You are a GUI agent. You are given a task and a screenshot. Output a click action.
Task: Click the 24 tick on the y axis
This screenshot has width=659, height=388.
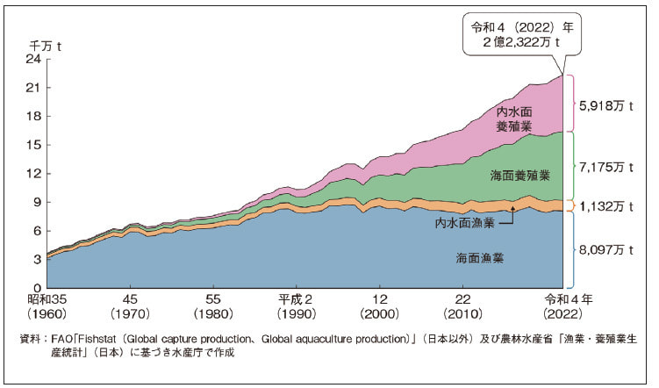(x=34, y=60)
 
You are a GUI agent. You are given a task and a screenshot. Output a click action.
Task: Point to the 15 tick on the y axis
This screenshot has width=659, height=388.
(x=34, y=145)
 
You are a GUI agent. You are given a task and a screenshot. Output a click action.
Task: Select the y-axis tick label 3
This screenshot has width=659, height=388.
(x=37, y=260)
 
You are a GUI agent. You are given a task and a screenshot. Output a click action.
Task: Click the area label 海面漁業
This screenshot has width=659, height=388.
(x=480, y=258)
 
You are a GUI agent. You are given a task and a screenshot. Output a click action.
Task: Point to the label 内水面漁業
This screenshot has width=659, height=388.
(x=464, y=223)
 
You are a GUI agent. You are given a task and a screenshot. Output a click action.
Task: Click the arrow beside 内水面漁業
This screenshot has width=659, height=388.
(x=506, y=216)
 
